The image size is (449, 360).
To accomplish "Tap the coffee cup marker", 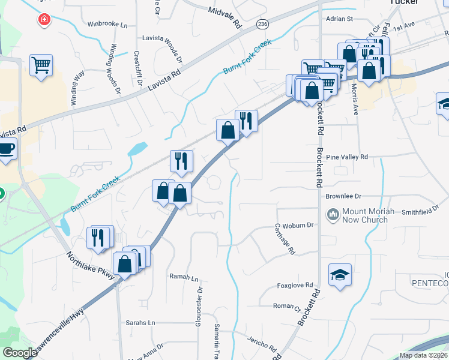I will pyautogui.click(x=6, y=148).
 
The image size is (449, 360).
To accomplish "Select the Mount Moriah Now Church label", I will pyautogui.click(x=364, y=216).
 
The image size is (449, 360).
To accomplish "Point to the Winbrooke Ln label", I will pyautogui.click(x=107, y=25).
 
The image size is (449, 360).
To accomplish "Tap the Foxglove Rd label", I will pyautogui.click(x=295, y=285).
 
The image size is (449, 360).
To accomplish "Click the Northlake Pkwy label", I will pyautogui.click(x=90, y=263).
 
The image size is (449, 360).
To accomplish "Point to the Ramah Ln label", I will pyautogui.click(x=184, y=278).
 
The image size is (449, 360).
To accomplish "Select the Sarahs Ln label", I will pyautogui.click(x=140, y=322).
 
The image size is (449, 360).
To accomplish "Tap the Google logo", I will pyautogui.click(x=20, y=353).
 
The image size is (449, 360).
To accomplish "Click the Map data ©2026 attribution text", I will pyautogui.click(x=423, y=355).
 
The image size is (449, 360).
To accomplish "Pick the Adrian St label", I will pyautogui.click(x=339, y=19).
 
